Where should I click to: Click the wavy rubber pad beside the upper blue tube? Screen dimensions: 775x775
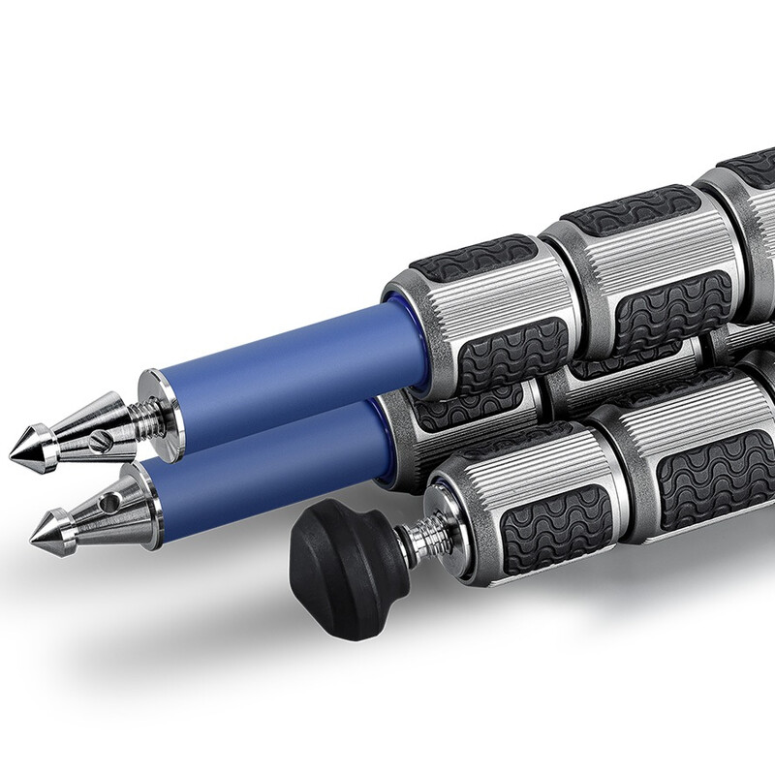tap(513, 349)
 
